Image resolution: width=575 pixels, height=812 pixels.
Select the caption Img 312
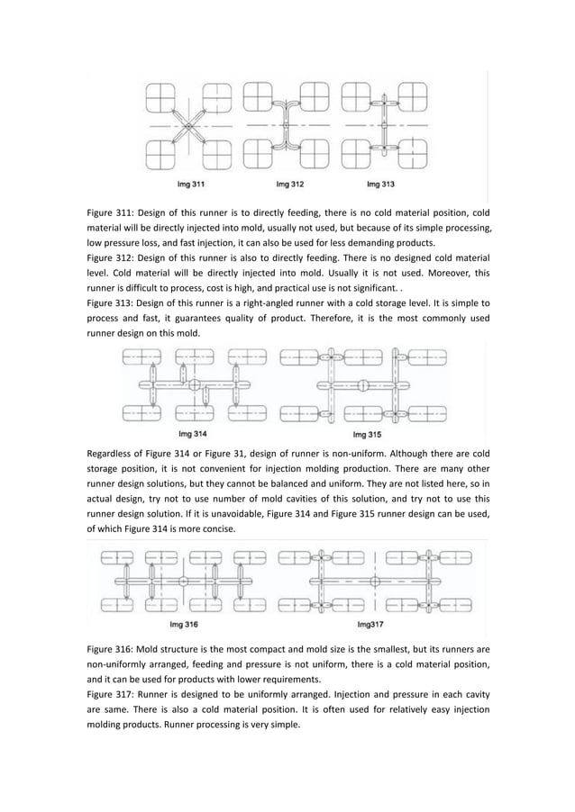288,185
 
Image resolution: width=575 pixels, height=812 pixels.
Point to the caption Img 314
196,432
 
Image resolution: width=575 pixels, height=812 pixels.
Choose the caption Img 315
363,432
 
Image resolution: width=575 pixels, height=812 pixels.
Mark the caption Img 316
184,623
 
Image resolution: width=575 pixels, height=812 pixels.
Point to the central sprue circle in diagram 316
183,582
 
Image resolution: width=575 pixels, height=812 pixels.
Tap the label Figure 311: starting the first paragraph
114,212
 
